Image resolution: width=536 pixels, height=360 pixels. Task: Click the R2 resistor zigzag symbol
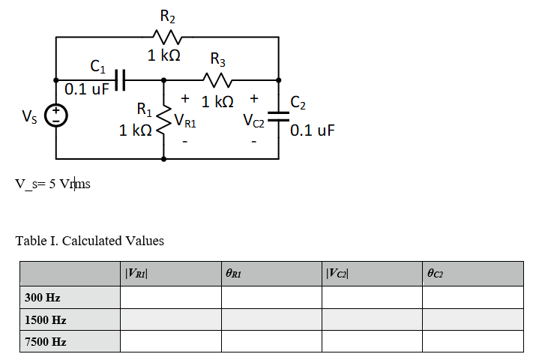coord(167,37)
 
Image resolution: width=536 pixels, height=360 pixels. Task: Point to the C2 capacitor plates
coord(279,115)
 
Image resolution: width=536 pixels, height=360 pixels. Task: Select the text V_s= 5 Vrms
coord(52,184)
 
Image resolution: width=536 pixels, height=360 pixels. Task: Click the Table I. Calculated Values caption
coord(89,241)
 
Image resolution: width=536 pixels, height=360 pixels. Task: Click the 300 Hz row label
coord(43,298)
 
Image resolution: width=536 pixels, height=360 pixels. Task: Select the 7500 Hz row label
coord(46,341)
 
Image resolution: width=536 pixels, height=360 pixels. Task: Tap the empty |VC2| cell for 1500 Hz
coord(372,319)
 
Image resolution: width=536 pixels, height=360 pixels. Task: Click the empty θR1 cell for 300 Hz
coord(271,298)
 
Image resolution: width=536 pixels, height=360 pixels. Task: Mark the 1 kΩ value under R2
coord(166,55)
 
